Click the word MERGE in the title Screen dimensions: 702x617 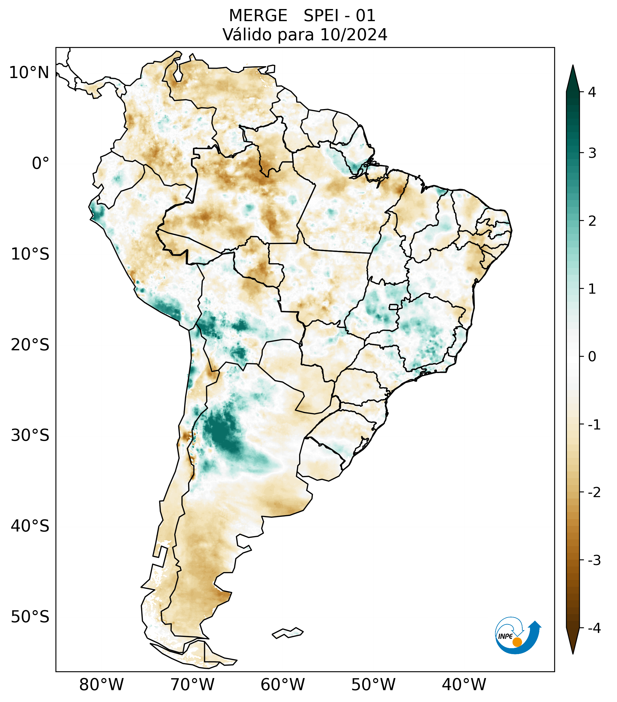[x=258, y=16]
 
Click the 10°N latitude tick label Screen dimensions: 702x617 [x=29, y=73]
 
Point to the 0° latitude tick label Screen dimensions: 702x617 [x=40, y=163]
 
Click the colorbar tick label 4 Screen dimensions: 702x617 [x=592, y=92]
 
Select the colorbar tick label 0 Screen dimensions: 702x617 [x=592, y=356]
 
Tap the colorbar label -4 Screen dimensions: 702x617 [x=594, y=628]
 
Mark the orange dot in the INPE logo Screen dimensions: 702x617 [x=517, y=642]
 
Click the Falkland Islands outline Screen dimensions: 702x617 [x=288, y=633]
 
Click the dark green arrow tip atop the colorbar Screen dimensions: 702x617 [x=573, y=77]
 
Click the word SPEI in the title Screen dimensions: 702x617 [x=320, y=16]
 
